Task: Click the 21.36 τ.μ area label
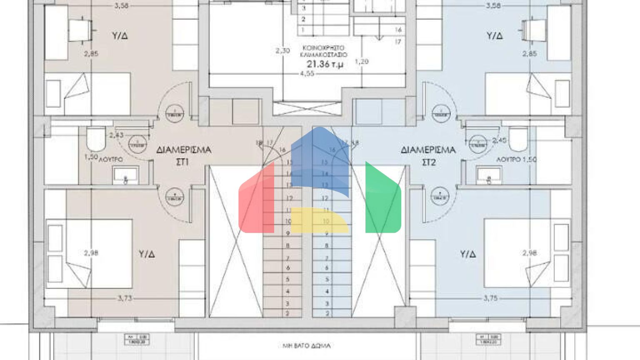pyautogui.click(x=325, y=64)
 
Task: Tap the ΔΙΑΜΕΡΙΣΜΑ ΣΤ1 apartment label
pyautogui.click(x=183, y=155)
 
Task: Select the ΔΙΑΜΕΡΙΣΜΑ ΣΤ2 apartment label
pyautogui.click(x=428, y=155)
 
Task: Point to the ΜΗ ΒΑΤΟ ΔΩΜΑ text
pyautogui.click(x=307, y=346)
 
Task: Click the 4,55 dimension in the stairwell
pyautogui.click(x=307, y=74)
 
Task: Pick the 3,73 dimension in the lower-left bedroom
pyautogui.click(x=125, y=298)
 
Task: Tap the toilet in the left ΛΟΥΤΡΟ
pyautogui.click(x=96, y=140)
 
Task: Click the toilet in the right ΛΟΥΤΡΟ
pyautogui.click(x=518, y=139)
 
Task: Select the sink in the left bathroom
pyautogui.click(x=125, y=175)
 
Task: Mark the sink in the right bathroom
pyautogui.click(x=489, y=175)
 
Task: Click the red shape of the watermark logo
pyautogui.click(x=256, y=200)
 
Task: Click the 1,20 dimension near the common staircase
pyautogui.click(x=361, y=62)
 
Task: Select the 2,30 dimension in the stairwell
pyautogui.click(x=282, y=51)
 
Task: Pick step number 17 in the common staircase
pyautogui.click(x=398, y=42)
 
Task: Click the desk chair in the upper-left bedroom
pyautogui.click(x=81, y=30)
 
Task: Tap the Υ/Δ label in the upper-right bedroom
pyautogui.click(x=495, y=36)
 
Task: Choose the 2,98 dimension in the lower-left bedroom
pyautogui.click(x=91, y=253)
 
